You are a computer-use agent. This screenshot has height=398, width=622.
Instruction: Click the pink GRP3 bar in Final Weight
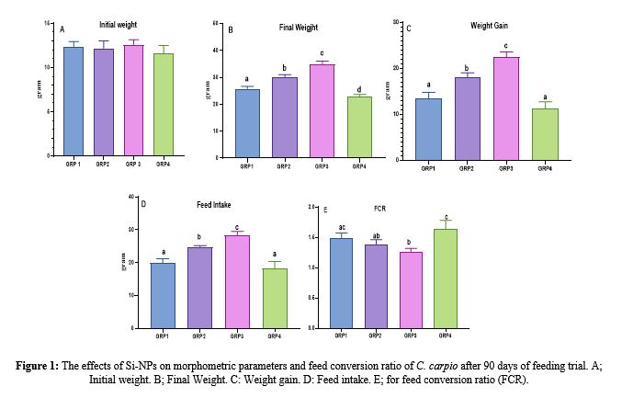322,110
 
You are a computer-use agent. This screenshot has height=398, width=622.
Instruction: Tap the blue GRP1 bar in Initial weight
74,101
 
